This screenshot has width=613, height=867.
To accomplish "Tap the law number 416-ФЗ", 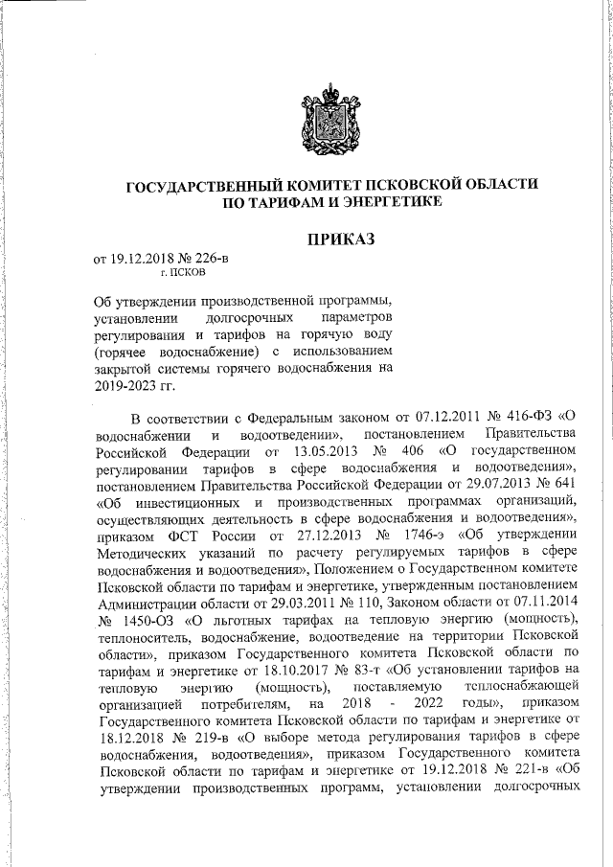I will click(527, 417).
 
